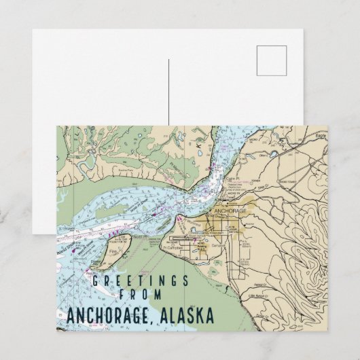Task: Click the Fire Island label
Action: (x=113, y=254)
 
